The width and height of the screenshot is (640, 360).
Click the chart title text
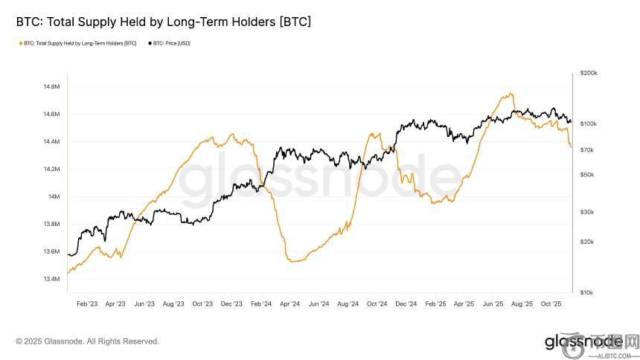coord(163,22)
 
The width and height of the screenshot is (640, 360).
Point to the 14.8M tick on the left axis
coord(51,87)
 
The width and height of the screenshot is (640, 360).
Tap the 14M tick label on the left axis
coord(54,196)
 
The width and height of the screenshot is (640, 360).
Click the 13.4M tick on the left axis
coord(51,279)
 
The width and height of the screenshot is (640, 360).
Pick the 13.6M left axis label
coord(51,251)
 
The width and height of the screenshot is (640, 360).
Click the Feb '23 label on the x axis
coord(87,303)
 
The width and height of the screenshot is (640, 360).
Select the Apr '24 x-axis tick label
coord(289,303)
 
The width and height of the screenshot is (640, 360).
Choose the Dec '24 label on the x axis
coord(406,303)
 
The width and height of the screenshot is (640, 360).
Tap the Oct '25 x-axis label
coord(551,303)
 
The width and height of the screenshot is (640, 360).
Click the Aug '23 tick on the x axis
coord(173,303)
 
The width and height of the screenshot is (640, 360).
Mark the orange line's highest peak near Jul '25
coord(511,94)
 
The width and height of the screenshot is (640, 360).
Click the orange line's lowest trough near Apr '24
coord(293,261)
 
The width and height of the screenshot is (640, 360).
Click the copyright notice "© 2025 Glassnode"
coord(87,341)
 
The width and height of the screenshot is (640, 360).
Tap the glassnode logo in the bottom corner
coord(583,341)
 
